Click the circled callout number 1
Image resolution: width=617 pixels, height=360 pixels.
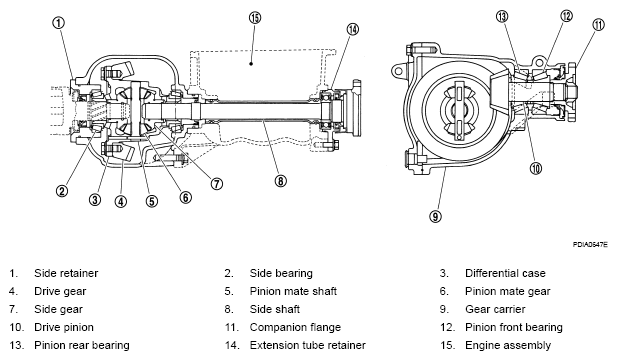pyautogui.click(x=58, y=23)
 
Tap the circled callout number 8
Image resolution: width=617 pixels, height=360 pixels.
pyautogui.click(x=280, y=181)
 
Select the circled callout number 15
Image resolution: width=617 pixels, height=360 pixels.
pyautogui.click(x=255, y=18)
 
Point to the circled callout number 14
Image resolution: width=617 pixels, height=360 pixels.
pyautogui.click(x=353, y=29)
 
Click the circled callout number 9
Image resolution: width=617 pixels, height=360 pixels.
pyautogui.click(x=435, y=216)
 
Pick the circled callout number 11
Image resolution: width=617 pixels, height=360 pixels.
pyautogui.click(x=598, y=25)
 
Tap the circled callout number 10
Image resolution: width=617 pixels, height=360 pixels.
pyautogui.click(x=536, y=168)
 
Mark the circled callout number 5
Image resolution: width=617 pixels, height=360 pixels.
pyautogui.click(x=152, y=201)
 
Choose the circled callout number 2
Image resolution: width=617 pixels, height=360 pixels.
pyautogui.click(x=62, y=192)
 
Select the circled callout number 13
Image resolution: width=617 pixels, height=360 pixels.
pyautogui.click(x=502, y=17)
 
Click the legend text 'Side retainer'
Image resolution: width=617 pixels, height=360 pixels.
pyautogui.click(x=66, y=273)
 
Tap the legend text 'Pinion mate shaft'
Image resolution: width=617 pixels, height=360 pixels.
pyautogui.click(x=293, y=291)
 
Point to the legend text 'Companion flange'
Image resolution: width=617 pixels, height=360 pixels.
pyautogui.click(x=295, y=327)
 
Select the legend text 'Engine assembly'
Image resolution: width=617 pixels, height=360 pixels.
pyautogui.click(x=508, y=345)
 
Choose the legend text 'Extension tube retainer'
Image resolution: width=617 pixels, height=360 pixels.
pyautogui.click(x=308, y=345)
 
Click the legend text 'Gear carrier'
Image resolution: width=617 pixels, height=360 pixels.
pyautogui.click(x=495, y=309)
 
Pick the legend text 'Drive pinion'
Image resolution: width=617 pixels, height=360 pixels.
pyautogui.click(x=64, y=327)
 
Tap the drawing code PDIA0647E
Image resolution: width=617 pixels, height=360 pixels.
pyautogui.click(x=590, y=245)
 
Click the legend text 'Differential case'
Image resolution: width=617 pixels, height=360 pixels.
pyautogui.click(x=505, y=273)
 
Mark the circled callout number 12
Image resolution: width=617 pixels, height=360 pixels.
pyautogui.click(x=566, y=16)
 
